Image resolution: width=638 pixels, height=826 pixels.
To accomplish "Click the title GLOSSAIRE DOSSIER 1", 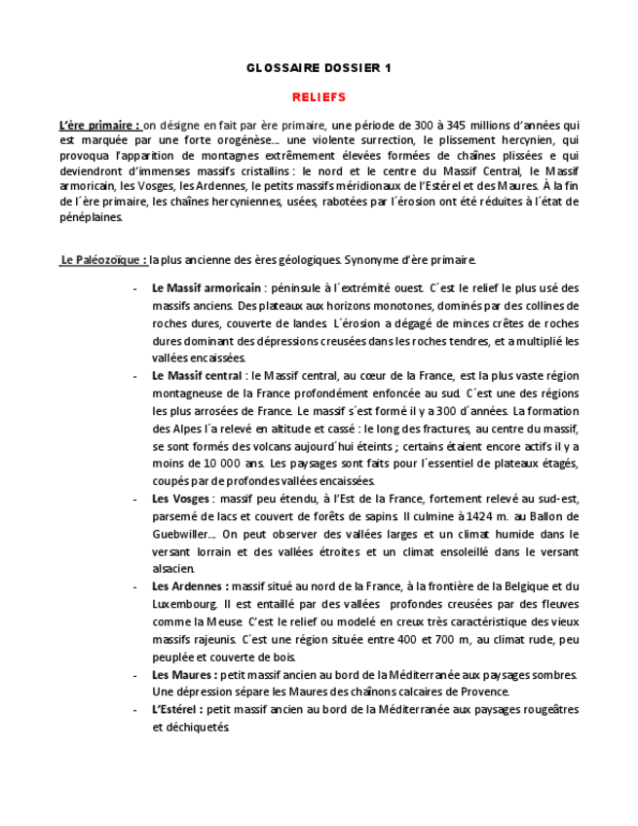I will (x=319, y=67).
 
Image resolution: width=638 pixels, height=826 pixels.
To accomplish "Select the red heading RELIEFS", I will (x=319, y=97).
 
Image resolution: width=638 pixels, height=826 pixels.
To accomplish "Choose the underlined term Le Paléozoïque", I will (x=103, y=260).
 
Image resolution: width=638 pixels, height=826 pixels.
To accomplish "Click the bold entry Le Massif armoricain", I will (x=206, y=288).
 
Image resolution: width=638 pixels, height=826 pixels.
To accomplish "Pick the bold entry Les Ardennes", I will (x=189, y=586).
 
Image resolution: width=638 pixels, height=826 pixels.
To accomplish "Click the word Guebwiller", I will (x=181, y=534).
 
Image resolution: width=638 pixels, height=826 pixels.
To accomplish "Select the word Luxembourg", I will (x=178, y=604).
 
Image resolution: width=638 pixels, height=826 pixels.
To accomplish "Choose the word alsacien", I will (x=173, y=569).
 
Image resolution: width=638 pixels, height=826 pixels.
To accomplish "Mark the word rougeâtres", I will (x=545, y=710).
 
